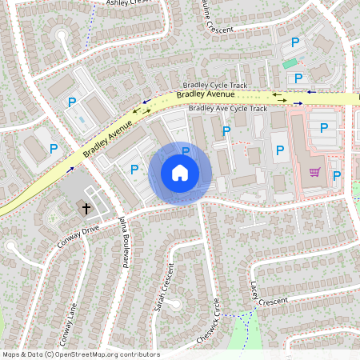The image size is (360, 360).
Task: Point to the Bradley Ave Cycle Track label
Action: coord(227,109)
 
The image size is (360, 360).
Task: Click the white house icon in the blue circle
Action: coord(180,173)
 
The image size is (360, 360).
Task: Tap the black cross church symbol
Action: coord(86,208)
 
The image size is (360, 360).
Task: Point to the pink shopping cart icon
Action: coord(315,171)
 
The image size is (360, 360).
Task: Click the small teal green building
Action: coord(289,63)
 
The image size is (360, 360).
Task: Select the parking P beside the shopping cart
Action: coord(337,175)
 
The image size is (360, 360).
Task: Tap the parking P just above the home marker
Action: coord(186,150)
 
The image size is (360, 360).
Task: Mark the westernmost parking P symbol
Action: coord(54,148)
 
